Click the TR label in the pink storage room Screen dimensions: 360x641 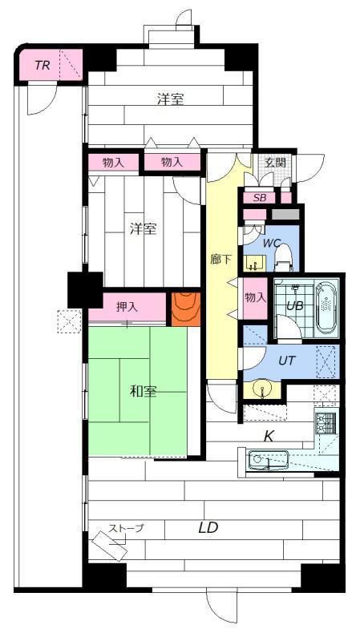click(42, 65)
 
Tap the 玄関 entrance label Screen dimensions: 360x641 click(275, 162)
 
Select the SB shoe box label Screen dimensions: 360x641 click(259, 198)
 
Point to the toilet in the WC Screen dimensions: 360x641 click(284, 256)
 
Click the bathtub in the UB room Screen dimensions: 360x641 click(326, 303)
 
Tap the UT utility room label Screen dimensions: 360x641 click(286, 360)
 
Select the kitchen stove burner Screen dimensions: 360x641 click(326, 421)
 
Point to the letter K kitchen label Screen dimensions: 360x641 click(269, 437)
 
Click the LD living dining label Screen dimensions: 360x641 click(208, 528)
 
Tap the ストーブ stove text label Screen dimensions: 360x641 click(126, 528)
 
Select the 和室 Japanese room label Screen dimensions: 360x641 click(144, 392)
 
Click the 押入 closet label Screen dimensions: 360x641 click(127, 307)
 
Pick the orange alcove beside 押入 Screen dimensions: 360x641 click(186, 309)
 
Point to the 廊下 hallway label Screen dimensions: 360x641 click(221, 259)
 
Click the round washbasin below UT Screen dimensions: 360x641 click(261, 389)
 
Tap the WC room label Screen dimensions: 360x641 click(271, 243)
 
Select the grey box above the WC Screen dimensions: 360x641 click(285, 214)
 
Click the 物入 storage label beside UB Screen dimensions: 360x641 click(255, 297)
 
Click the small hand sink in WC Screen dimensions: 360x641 click(255, 264)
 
